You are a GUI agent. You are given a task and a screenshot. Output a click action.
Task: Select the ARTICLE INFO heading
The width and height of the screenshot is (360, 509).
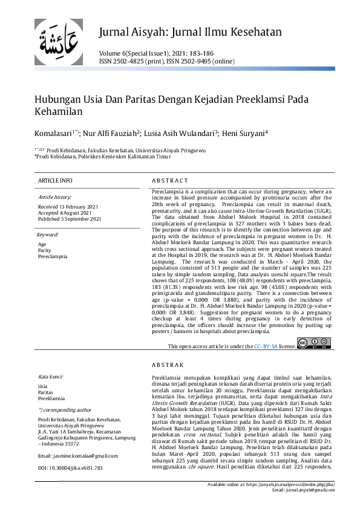pos(55,181)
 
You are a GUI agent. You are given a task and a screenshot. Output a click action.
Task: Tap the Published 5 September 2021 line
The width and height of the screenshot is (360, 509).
pos(69,219)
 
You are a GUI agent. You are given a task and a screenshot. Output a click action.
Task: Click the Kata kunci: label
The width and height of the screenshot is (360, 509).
pos(53,376)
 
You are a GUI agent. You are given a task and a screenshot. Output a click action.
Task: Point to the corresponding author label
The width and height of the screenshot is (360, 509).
pos(65,409)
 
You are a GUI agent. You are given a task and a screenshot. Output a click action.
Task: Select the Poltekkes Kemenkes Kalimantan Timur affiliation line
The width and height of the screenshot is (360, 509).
pos(99,156)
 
